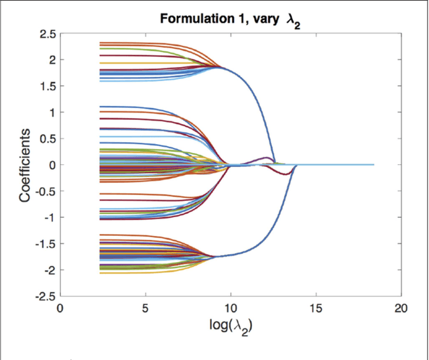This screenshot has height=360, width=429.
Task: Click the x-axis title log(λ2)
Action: point(230,328)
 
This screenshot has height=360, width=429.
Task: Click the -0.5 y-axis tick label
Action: point(44,191)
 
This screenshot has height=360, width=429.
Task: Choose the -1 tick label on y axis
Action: point(48,217)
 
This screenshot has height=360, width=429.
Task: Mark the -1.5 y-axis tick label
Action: point(44,243)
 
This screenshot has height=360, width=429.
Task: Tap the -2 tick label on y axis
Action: point(48,269)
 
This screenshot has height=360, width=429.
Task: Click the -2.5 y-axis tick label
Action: point(44,296)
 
